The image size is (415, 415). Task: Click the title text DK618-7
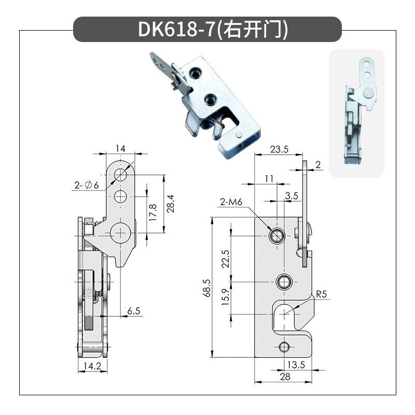click(x=176, y=29)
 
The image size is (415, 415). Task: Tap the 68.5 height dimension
click(x=208, y=288)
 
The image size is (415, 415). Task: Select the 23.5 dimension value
click(x=279, y=149)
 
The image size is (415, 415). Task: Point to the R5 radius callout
click(x=321, y=294)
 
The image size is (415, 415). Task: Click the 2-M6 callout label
click(x=231, y=202)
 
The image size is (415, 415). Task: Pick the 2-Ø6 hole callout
click(x=87, y=185)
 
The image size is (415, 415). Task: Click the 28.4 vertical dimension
click(x=171, y=204)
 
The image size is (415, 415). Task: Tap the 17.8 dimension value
click(x=153, y=213)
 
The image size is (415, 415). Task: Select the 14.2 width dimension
click(x=92, y=366)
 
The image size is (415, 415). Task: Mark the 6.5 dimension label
click(x=134, y=311)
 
